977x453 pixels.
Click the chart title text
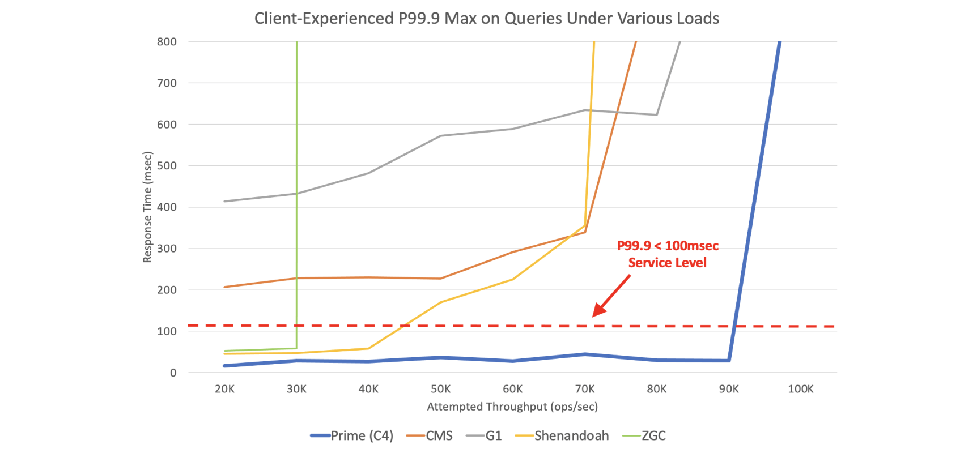pyautogui.click(x=486, y=19)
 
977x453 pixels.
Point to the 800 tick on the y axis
pyautogui.click(x=167, y=41)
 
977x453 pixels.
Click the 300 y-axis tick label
pyautogui.click(x=167, y=249)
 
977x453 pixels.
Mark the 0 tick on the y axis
pyautogui.click(x=173, y=373)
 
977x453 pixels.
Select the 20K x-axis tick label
pyautogui.click(x=224, y=389)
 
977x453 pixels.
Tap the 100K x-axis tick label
pyautogui.click(x=801, y=389)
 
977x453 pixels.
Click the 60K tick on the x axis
pyautogui.click(x=513, y=389)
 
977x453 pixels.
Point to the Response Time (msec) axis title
pyautogui.click(x=148, y=207)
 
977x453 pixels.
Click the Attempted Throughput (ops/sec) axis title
pyautogui.click(x=512, y=407)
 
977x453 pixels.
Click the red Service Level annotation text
pyautogui.click(x=668, y=254)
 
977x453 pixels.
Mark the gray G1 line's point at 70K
pyautogui.click(x=585, y=110)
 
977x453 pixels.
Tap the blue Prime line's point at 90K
pyautogui.click(x=729, y=360)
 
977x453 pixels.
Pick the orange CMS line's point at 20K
pyautogui.click(x=225, y=287)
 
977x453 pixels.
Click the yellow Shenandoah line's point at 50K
pyautogui.click(x=441, y=302)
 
